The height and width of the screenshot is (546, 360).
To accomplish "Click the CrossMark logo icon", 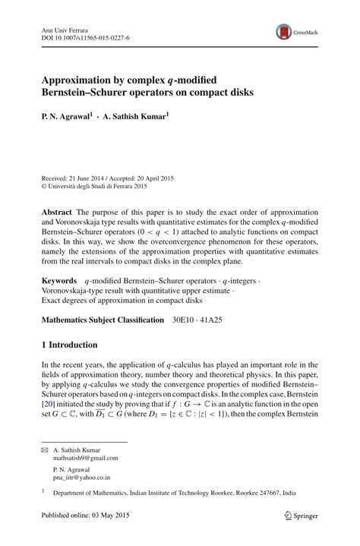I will coord(284,31).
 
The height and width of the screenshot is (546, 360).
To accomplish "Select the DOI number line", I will coord(84,36).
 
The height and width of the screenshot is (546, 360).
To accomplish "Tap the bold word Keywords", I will coord(58,260).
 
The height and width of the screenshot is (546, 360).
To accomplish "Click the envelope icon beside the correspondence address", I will coord(44,450).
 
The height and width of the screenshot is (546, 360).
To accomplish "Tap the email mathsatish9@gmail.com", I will coord(85,459).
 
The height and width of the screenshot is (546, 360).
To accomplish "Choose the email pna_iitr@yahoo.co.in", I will coord(81,478).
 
